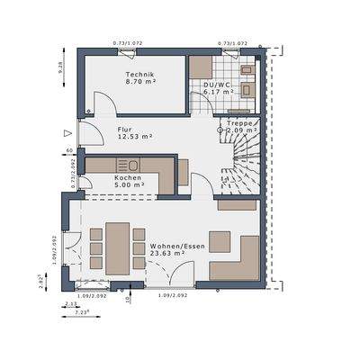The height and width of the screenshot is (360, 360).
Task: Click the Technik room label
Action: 139,73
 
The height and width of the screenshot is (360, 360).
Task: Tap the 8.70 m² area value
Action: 139,82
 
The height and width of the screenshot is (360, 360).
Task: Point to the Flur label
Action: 124,129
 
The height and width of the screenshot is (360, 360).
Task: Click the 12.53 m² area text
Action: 134,137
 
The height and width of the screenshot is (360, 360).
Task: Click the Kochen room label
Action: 127,179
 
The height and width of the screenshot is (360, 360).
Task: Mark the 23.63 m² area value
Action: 167,253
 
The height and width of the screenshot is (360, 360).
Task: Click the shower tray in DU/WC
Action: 202,67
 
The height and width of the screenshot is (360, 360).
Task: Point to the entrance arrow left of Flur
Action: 68,133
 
